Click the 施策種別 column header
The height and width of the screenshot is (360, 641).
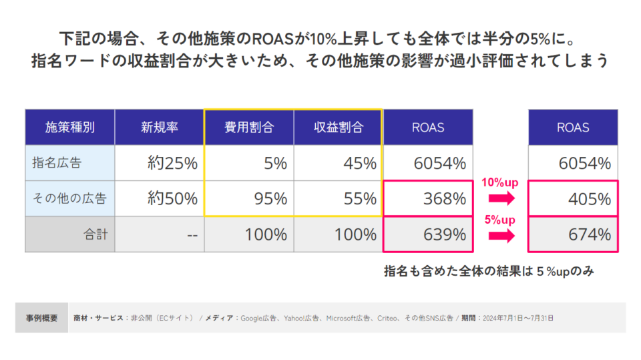point(70,128)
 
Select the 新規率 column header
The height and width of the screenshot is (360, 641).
point(160,128)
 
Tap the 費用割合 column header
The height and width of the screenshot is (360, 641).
point(249,128)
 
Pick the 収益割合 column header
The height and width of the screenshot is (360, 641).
point(338,128)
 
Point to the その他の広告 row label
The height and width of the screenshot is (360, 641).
point(70,198)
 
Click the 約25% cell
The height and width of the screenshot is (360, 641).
point(172,163)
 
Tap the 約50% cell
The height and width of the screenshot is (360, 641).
point(172,198)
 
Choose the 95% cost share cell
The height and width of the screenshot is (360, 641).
point(270,198)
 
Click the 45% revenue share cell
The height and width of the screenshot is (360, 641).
point(360,163)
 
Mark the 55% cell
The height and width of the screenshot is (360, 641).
point(360,198)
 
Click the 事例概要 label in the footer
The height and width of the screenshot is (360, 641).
point(42,318)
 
